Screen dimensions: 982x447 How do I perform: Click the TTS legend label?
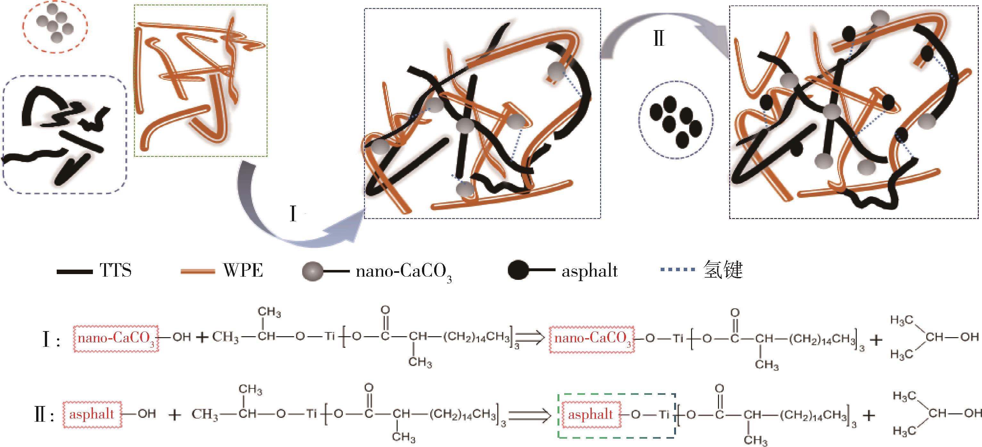(116, 270)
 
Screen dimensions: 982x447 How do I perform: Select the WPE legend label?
(243, 270)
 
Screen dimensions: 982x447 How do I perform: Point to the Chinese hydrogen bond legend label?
(723, 270)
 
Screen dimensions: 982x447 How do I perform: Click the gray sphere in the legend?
(313, 271)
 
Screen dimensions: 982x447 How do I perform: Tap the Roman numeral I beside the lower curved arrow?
(293, 214)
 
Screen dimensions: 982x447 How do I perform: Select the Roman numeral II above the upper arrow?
(659, 38)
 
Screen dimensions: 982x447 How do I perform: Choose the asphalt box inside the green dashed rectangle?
(590, 415)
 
